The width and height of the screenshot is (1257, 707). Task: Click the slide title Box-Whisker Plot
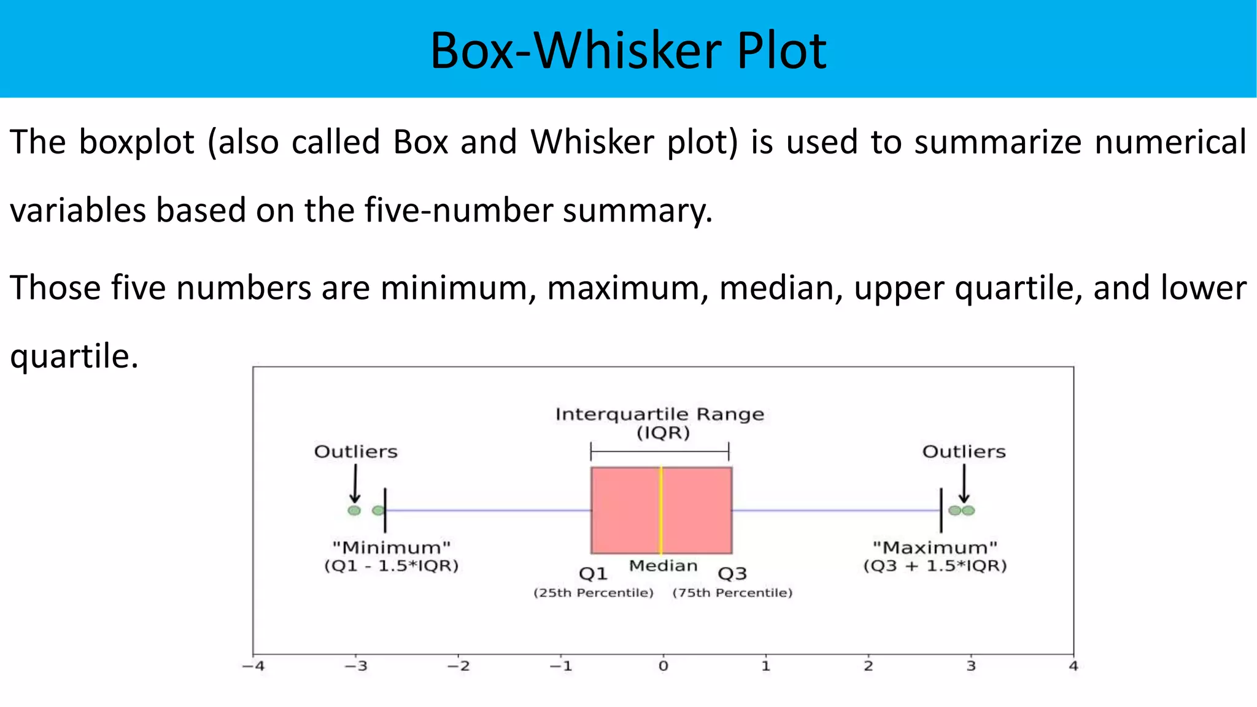tap(628, 50)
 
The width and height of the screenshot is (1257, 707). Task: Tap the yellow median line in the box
tap(661, 510)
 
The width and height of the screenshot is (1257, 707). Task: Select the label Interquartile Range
tap(660, 414)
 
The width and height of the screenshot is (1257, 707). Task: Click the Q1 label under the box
tap(593, 574)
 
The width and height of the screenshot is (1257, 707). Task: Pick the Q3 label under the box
tap(732, 574)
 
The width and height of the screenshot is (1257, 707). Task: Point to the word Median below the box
tap(663, 565)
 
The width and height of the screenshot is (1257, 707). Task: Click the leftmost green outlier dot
tap(354, 511)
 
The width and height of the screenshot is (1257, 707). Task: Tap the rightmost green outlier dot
tap(969, 511)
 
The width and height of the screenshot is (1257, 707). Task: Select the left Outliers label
tap(356, 452)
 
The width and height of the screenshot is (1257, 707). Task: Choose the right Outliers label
tap(964, 452)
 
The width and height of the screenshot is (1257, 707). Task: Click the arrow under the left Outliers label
tap(355, 484)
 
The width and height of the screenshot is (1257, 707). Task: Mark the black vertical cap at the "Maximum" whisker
tap(941, 510)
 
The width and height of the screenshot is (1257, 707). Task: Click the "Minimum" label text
tap(392, 547)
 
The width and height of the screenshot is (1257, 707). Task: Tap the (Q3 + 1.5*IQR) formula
tap(935, 566)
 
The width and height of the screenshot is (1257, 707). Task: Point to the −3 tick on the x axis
tap(355, 666)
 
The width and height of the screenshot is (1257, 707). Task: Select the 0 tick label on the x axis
tap(663, 666)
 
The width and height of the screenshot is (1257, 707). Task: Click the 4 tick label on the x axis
tap(1073, 666)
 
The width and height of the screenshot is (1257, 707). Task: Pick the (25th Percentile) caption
tap(593, 593)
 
